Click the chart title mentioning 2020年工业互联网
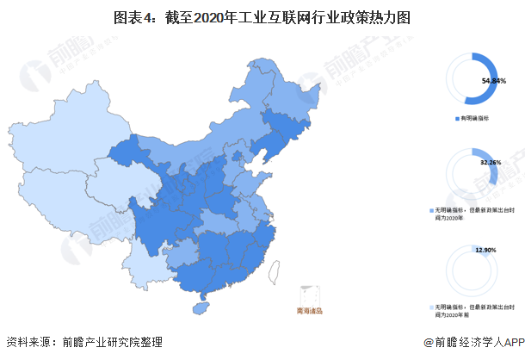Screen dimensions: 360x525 [x=262, y=15]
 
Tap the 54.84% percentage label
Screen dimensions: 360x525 [x=493, y=80]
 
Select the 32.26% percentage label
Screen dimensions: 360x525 [x=490, y=161]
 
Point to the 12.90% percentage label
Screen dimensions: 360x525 [x=485, y=250]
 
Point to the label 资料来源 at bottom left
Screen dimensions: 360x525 [x=26, y=342]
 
